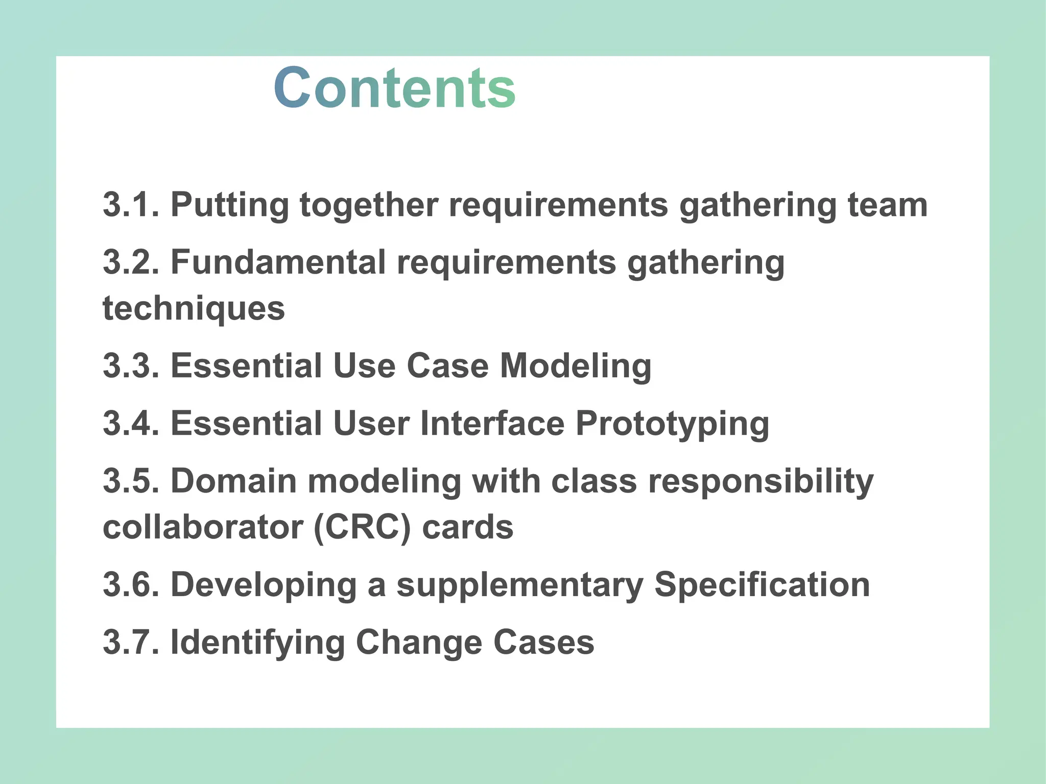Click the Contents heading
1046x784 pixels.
394,88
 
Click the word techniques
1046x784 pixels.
194,309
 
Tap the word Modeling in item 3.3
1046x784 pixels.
575,366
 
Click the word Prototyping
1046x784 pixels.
672,425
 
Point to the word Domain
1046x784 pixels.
233,481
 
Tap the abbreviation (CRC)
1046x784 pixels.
362,528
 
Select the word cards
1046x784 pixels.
467,527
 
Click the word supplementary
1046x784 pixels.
520,585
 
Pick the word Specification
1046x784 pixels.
762,585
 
